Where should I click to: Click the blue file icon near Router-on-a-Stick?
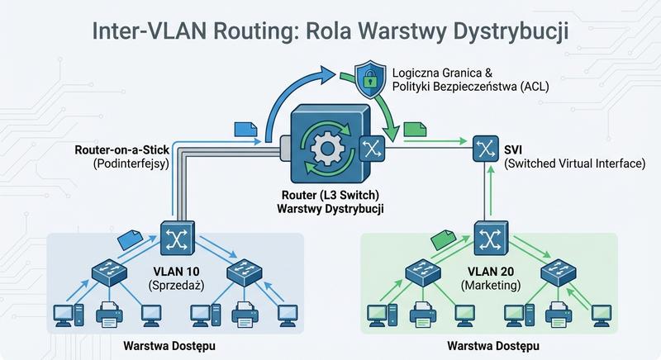[x=245, y=129]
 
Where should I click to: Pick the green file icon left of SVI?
[x=416, y=129]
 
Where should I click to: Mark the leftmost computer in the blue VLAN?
[x=64, y=314]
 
